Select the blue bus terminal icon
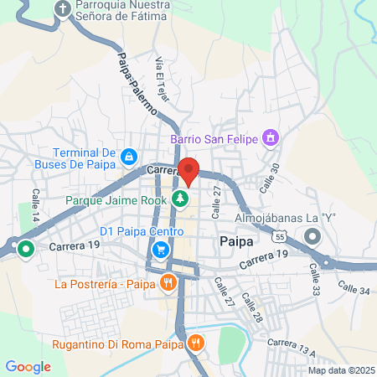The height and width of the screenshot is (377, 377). click(x=128, y=156)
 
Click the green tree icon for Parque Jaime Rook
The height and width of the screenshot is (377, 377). click(x=178, y=199)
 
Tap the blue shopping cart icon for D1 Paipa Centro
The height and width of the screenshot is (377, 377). click(x=160, y=249)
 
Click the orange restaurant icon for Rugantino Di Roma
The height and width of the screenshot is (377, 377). click(x=195, y=342)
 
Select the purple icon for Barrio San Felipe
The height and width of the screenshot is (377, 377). click(x=270, y=137)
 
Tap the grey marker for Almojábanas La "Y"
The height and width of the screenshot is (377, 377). click(x=312, y=236)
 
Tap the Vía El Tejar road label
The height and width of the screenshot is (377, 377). click(x=163, y=80)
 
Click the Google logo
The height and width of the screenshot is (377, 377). click(x=28, y=366)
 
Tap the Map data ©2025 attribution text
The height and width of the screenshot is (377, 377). click(x=338, y=370)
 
